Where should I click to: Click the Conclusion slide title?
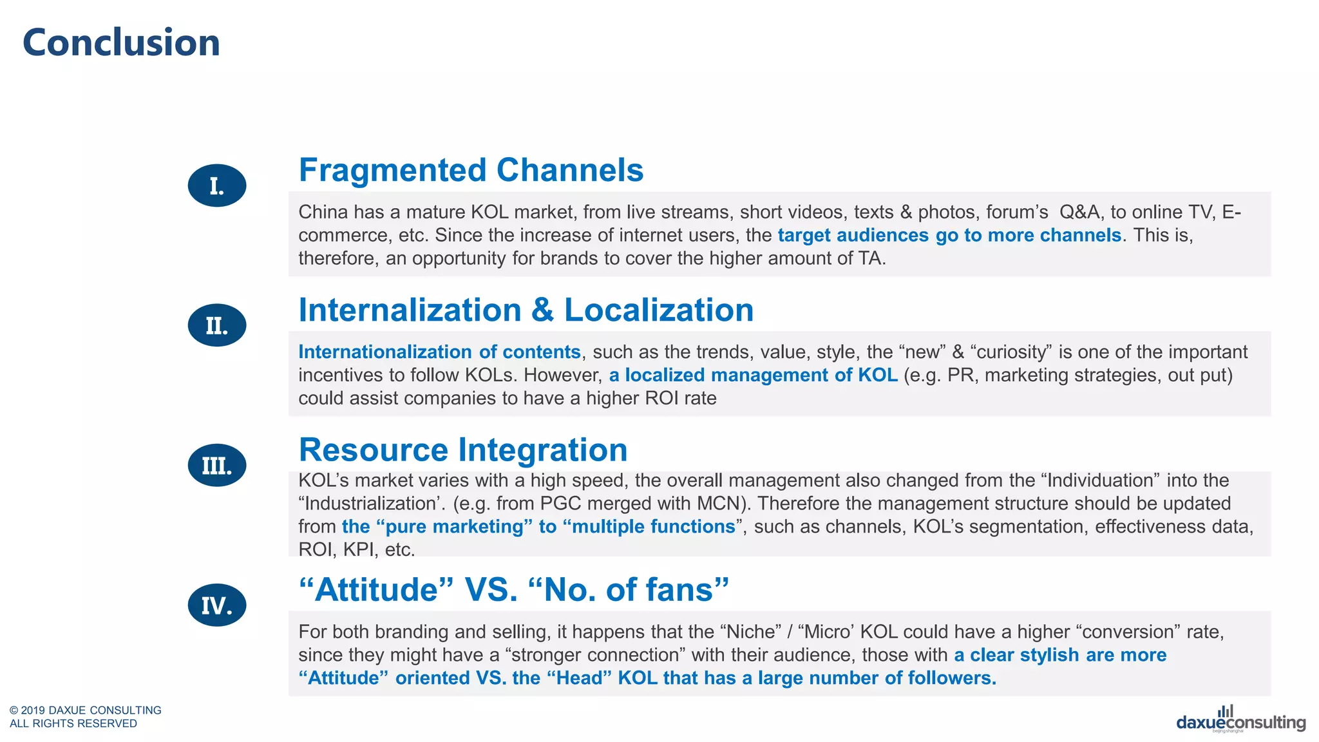[x=121, y=43]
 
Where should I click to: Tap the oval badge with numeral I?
[x=217, y=185]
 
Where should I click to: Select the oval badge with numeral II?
[x=217, y=325]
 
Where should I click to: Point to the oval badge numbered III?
[x=217, y=465]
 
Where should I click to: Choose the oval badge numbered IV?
[x=217, y=605]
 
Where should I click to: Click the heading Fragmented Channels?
[x=471, y=170]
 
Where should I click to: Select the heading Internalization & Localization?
[x=526, y=310]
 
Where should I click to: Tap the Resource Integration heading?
[x=462, y=450]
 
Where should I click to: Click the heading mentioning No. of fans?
[x=513, y=589]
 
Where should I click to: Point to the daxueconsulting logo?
[x=1240, y=721]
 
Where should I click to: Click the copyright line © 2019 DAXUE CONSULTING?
[x=86, y=710]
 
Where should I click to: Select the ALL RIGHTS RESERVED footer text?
[x=73, y=723]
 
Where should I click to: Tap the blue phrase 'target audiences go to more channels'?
[x=949, y=235]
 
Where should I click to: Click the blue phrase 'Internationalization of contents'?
[x=439, y=352]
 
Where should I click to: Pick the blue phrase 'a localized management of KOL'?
[x=753, y=375]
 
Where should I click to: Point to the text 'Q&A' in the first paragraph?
[x=1079, y=212]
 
